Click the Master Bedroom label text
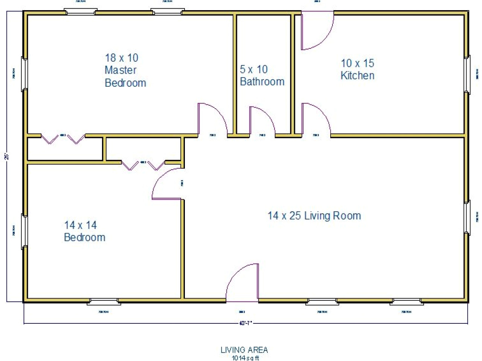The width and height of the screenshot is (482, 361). click(x=125, y=70)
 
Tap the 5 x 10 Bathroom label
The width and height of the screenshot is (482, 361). click(x=262, y=75)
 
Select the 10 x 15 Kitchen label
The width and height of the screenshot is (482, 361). click(x=357, y=69)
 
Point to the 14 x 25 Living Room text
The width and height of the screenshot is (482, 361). click(x=314, y=215)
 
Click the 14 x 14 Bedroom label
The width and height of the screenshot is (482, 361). click(x=84, y=231)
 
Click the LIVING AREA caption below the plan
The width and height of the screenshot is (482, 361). click(x=244, y=350)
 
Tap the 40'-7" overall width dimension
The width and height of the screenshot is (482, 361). click(x=246, y=323)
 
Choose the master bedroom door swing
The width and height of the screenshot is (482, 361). click(x=212, y=119)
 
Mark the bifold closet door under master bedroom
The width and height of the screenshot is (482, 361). click(x=63, y=139)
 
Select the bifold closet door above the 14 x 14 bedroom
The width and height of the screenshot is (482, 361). click(x=143, y=165)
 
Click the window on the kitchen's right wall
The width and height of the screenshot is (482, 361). click(x=467, y=74)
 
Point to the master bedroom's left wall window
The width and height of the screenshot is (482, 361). click(x=24, y=74)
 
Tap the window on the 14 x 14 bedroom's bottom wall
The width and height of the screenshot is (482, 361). click(x=104, y=301)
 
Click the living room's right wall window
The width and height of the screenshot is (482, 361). click(x=467, y=218)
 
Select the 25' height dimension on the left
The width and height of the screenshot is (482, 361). click(x=7, y=156)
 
